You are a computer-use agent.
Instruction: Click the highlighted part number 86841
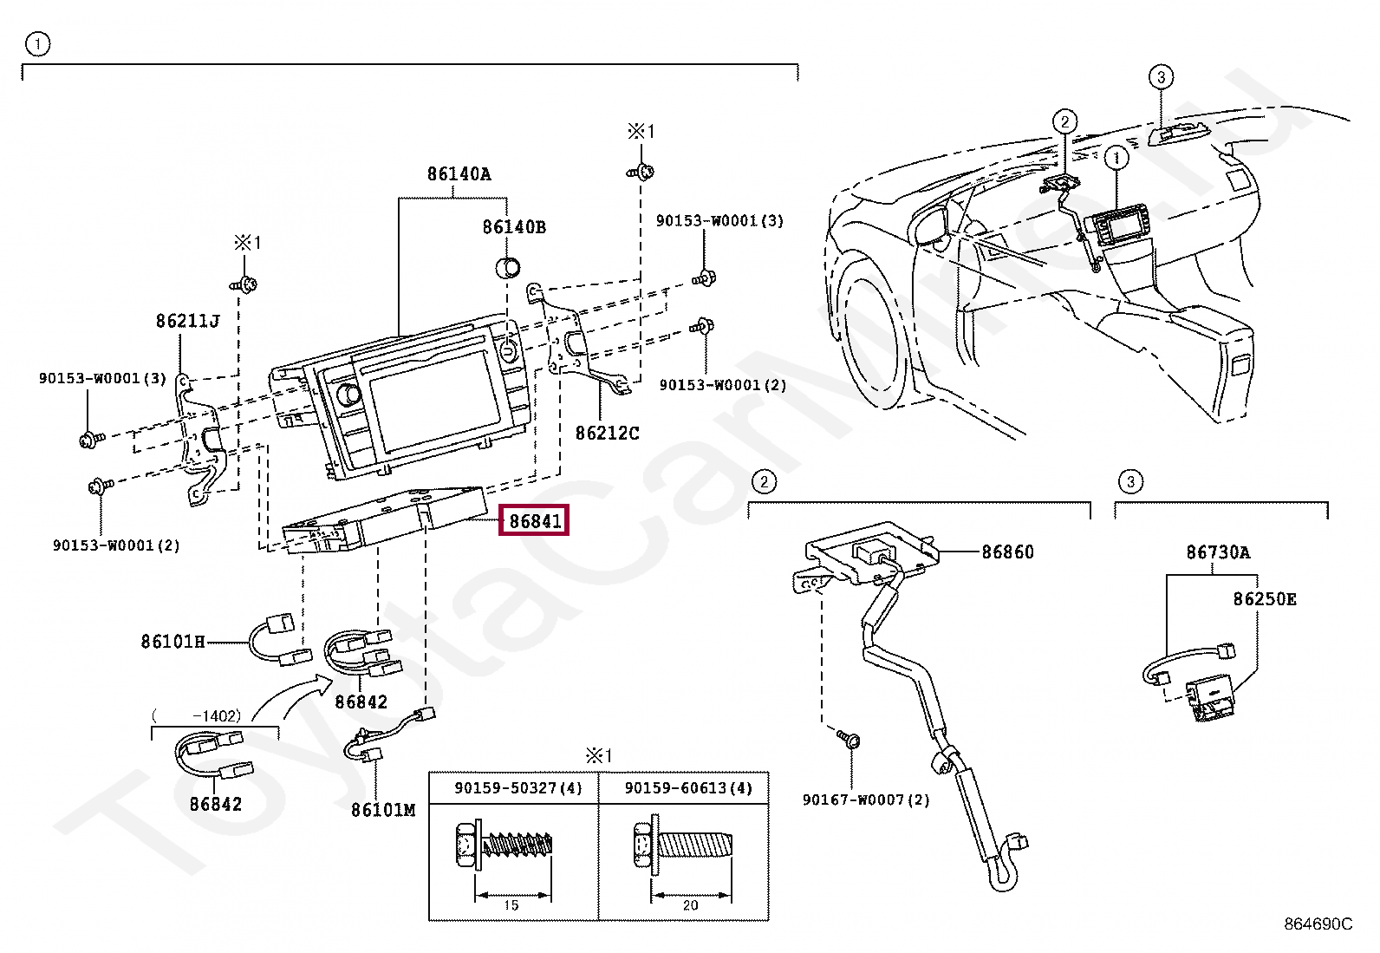(x=534, y=520)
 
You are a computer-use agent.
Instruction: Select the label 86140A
(x=459, y=174)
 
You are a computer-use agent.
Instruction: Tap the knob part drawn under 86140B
(x=508, y=266)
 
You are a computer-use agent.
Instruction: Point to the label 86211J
(x=187, y=321)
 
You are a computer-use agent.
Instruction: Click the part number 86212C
(x=607, y=433)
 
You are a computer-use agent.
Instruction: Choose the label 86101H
(x=172, y=642)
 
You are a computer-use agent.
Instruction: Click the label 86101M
(x=382, y=810)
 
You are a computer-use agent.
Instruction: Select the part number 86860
(x=1007, y=552)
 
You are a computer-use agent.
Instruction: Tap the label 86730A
(x=1218, y=552)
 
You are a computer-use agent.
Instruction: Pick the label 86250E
(x=1265, y=599)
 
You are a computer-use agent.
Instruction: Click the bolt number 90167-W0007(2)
(x=865, y=800)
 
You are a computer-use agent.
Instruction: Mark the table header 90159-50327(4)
(x=517, y=788)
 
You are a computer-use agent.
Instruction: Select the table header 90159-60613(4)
(x=688, y=788)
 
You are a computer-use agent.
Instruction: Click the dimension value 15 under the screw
(x=511, y=905)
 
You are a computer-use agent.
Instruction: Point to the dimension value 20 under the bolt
(x=690, y=905)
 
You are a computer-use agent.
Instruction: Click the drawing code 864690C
(x=1317, y=924)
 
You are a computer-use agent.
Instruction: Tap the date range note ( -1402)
(x=197, y=716)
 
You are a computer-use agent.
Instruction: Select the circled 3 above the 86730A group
(x=1129, y=481)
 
